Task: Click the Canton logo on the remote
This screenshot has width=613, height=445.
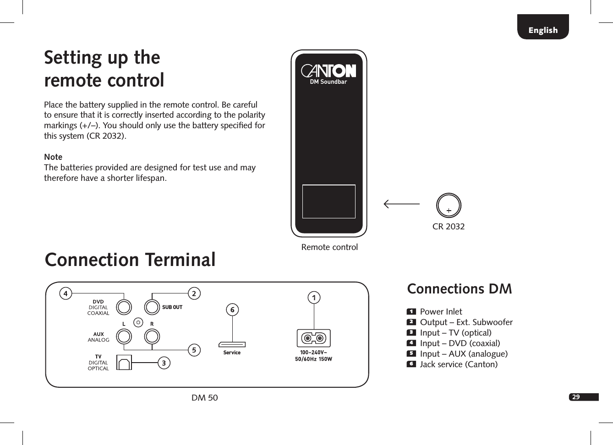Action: tap(328, 71)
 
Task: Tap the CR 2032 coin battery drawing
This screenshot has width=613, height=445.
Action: tap(449, 206)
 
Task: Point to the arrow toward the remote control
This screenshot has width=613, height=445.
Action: tap(401, 204)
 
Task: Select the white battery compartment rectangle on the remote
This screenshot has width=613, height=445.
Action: tap(328, 201)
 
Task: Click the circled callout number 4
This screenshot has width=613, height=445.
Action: tap(66, 293)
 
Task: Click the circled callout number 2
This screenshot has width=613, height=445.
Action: tap(194, 293)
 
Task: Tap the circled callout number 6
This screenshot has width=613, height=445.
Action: tap(232, 310)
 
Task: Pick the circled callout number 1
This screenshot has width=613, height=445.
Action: tap(314, 298)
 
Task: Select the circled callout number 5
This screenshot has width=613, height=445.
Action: tap(194, 350)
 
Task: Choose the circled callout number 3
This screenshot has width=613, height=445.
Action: tap(164, 363)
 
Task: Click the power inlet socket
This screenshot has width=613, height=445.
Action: tap(314, 338)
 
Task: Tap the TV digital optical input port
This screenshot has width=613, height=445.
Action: tap(124, 363)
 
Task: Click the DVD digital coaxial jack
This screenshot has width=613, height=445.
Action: tap(124, 307)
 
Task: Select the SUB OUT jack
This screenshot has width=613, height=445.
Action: tap(152, 307)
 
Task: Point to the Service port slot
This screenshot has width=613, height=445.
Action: tap(232, 344)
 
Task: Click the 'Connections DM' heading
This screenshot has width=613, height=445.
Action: tap(459, 289)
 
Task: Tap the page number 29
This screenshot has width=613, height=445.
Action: tap(576, 397)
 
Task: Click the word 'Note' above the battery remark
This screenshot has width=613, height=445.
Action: tap(53, 157)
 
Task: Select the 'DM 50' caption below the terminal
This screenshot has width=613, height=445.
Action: tap(205, 397)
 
